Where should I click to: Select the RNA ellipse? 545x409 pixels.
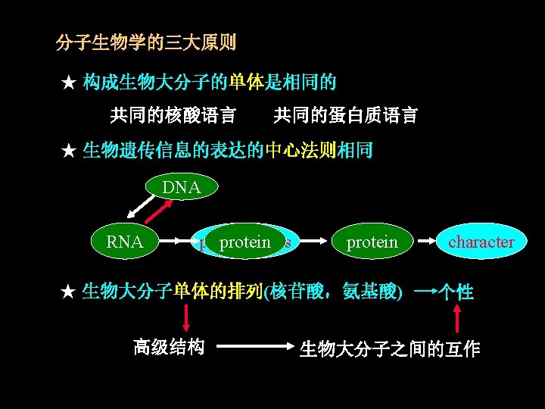125,242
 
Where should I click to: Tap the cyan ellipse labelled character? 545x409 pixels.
481,242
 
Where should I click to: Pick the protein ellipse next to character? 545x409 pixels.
371,242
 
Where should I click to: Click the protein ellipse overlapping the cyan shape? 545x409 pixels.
244,242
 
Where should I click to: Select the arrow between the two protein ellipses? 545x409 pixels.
315,242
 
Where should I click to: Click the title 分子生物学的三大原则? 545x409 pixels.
146,42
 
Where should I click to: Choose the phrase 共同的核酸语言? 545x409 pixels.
173,115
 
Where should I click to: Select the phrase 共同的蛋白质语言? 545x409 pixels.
345,115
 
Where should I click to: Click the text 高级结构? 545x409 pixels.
169,347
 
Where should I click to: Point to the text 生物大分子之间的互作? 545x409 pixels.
390,349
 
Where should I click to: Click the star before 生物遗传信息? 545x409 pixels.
69,151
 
